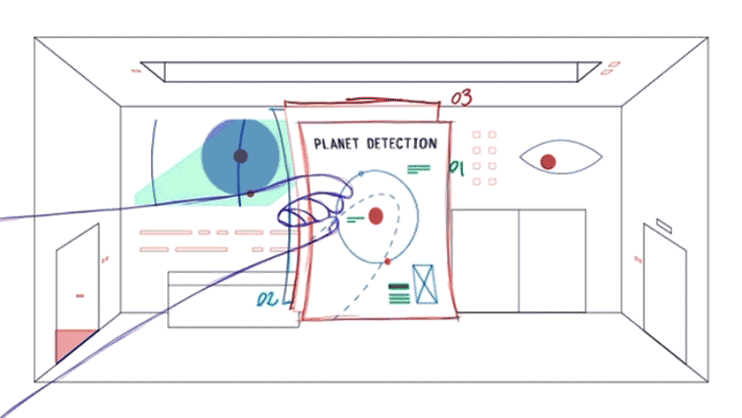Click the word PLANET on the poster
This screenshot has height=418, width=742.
click(x=336, y=143)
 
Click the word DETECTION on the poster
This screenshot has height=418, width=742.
click(x=402, y=143)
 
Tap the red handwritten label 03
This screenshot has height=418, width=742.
click(x=461, y=97)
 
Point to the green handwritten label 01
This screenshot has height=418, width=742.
click(x=457, y=168)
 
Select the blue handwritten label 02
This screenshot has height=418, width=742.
click(x=267, y=299)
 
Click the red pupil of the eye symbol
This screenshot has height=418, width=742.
click(x=548, y=162)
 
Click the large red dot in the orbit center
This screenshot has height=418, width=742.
click(x=375, y=216)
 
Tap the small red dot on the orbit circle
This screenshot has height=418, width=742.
click(x=388, y=262)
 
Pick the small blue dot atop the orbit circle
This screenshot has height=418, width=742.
click(x=361, y=174)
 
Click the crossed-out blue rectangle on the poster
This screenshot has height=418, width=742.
click(x=425, y=284)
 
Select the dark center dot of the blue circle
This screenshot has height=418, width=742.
click(x=240, y=156)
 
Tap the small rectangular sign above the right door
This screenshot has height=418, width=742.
click(x=664, y=226)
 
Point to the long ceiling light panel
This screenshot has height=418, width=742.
click(x=370, y=72)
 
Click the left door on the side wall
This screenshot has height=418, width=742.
click(x=78, y=293)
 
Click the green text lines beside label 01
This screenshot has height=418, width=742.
click(x=419, y=169)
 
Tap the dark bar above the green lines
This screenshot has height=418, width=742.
click(x=398, y=286)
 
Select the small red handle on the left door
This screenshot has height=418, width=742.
click(x=80, y=296)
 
